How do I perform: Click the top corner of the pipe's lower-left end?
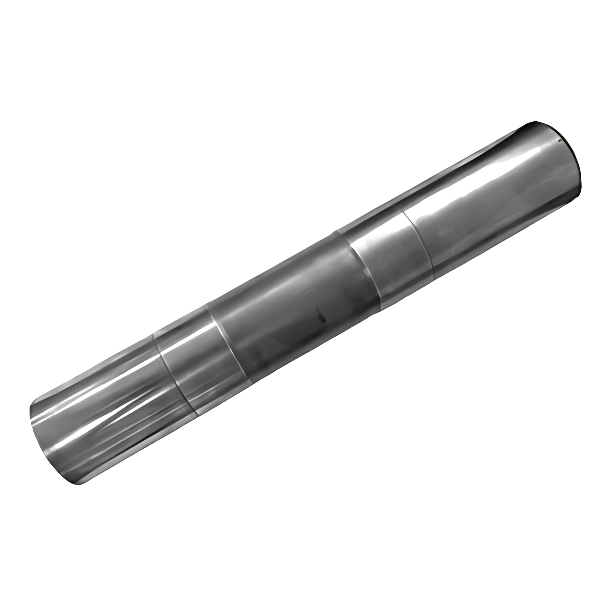(x=30, y=405)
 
